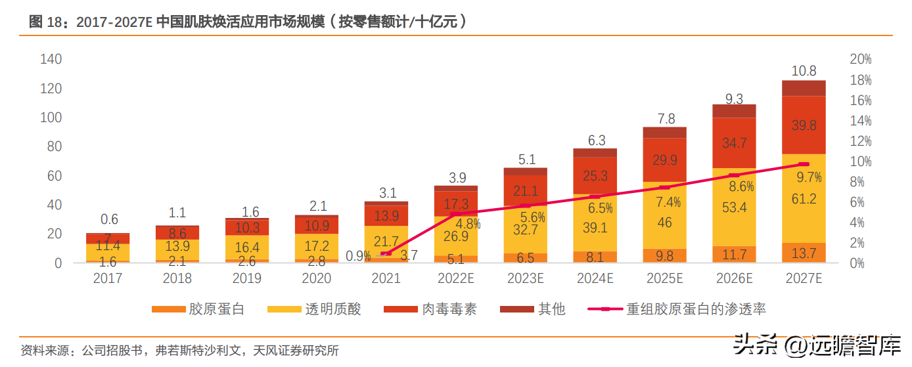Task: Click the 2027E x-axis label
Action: [x=804, y=278]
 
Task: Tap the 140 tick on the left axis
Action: [x=51, y=59]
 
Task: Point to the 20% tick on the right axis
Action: [x=860, y=59]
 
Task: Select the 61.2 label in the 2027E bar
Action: [x=804, y=199]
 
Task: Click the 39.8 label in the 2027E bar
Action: [x=804, y=125]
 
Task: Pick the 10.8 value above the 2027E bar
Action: [x=804, y=71]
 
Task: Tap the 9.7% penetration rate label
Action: [x=809, y=177]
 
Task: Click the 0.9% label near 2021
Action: [x=358, y=256]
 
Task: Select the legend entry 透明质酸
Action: [x=314, y=309]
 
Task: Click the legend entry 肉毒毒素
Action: [x=430, y=309]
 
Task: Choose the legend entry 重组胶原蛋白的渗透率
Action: [x=677, y=309]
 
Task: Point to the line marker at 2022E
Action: [x=456, y=214]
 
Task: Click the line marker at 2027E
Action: [x=804, y=164]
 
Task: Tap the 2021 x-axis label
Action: [x=386, y=278]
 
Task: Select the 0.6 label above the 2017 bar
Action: [x=109, y=220]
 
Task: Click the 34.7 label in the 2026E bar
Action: [x=734, y=143]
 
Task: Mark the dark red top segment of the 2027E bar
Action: [x=804, y=88]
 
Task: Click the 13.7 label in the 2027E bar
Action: [x=804, y=253]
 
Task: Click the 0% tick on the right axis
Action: [x=857, y=263]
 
